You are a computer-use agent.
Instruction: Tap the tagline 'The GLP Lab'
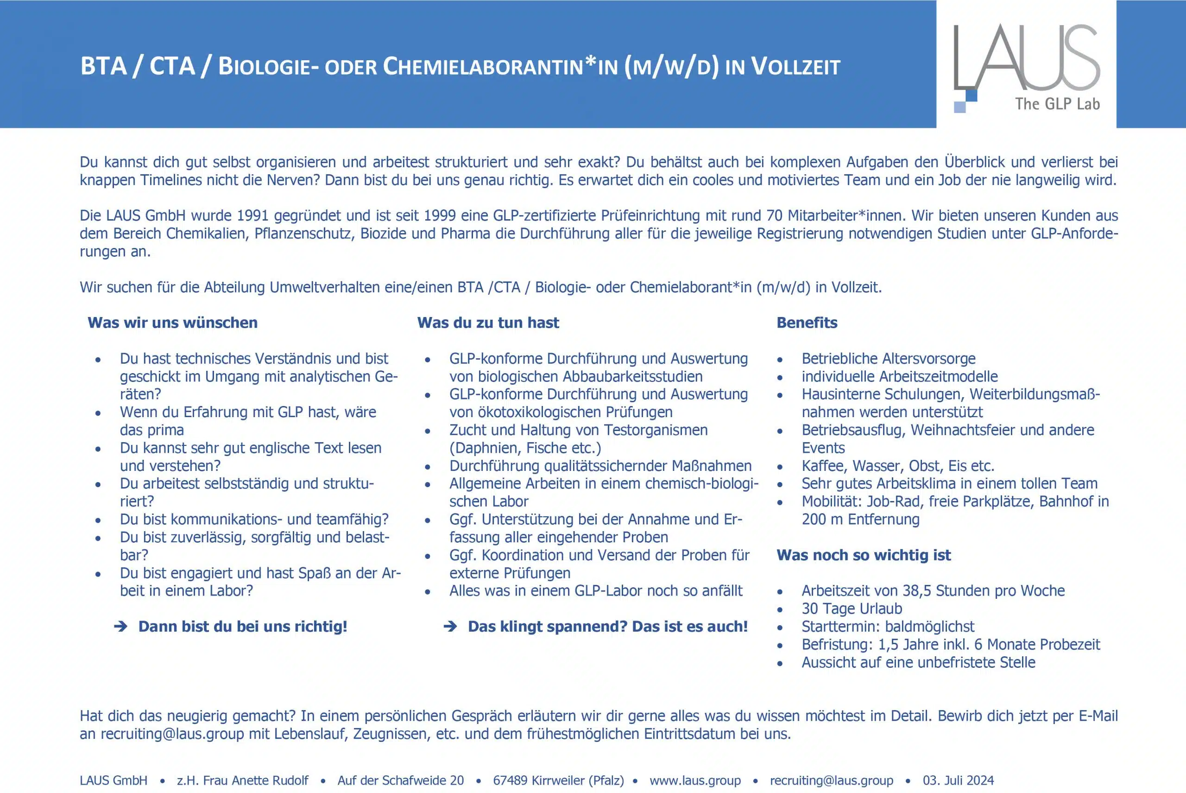pyautogui.click(x=1057, y=104)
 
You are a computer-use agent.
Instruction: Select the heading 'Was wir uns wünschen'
pyautogui.click(x=172, y=323)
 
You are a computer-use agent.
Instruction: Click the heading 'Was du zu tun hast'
pyautogui.click(x=488, y=323)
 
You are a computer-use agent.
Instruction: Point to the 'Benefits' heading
pyautogui.click(x=807, y=323)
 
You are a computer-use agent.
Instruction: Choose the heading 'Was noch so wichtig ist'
pyautogui.click(x=864, y=555)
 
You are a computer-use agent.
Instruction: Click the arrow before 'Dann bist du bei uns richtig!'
pyautogui.click(x=121, y=627)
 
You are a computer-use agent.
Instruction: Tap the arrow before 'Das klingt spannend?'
pyautogui.click(x=450, y=627)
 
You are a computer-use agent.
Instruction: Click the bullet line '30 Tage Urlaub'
pyautogui.click(x=852, y=609)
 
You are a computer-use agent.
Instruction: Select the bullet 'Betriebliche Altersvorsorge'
pyautogui.click(x=888, y=359)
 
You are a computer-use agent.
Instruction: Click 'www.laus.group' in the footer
pyautogui.click(x=695, y=780)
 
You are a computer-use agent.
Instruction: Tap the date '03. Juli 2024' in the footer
pyautogui.click(x=958, y=780)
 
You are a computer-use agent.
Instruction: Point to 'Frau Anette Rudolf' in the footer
pyautogui.click(x=256, y=780)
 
